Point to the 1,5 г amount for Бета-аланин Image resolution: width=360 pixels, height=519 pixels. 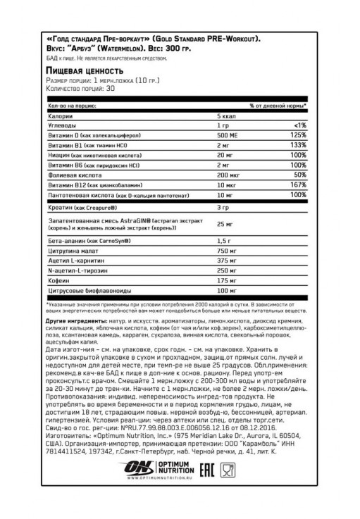225,242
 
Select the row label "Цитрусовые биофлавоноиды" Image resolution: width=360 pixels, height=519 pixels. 84,292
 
